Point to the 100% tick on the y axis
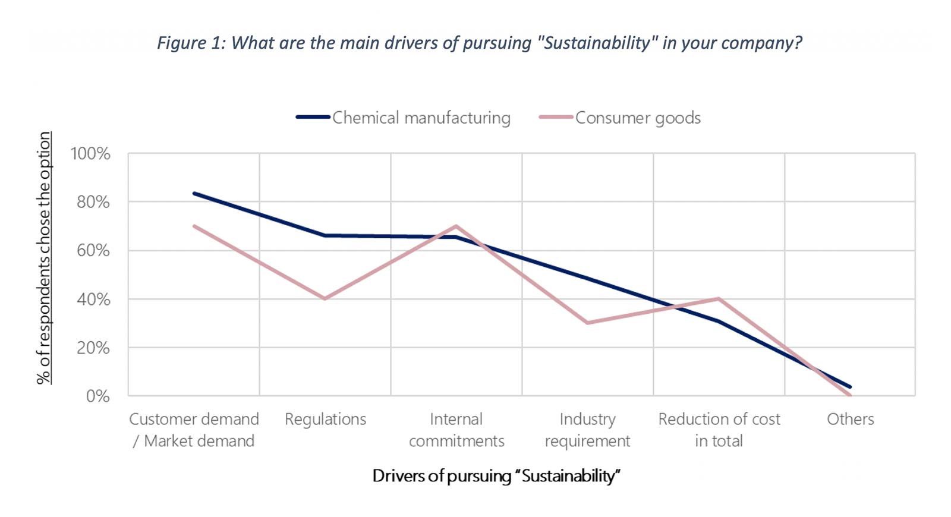[90, 154]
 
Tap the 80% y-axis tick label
[93, 202]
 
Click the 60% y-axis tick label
[93, 251]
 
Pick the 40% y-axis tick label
[93, 300]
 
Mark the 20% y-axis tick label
[93, 348]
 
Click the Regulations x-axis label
[325, 420]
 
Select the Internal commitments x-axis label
[456, 430]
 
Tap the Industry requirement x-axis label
[587, 430]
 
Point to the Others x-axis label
[850, 420]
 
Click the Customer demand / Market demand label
[194, 430]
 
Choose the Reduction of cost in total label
[719, 430]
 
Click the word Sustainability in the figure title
[597, 43]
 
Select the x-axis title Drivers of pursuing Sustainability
[496, 476]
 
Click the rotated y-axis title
[44, 258]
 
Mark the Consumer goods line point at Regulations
[325, 298]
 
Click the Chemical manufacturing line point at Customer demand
[194, 193]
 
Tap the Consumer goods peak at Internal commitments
[456, 226]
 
